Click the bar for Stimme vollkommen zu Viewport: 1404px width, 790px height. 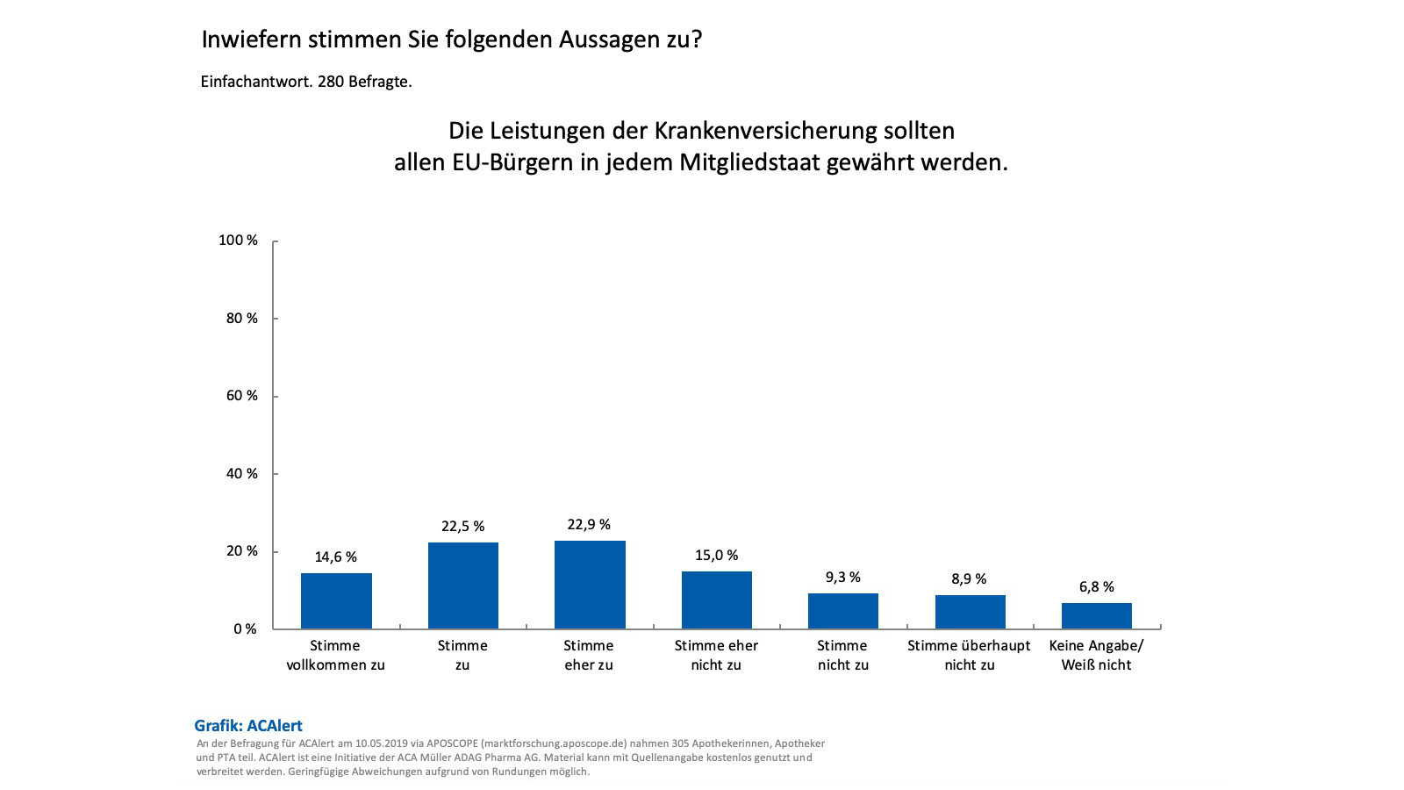click(336, 601)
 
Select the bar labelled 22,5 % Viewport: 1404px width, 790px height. click(462, 585)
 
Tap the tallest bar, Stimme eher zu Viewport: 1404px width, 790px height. click(590, 585)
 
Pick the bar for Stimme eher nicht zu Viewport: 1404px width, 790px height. click(716, 600)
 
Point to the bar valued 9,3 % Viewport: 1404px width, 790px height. click(842, 611)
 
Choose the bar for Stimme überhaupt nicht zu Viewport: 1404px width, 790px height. click(970, 612)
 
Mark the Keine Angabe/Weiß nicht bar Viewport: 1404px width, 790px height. click(1096, 616)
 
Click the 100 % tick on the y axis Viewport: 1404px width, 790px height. click(238, 241)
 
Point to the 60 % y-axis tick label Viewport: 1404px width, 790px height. click(241, 396)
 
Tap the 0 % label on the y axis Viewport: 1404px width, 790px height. click(245, 629)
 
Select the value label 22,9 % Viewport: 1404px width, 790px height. click(589, 525)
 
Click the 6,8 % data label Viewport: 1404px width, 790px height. click(1096, 587)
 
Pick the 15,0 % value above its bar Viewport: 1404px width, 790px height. click(716, 556)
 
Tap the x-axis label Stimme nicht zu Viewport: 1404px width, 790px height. click(842, 656)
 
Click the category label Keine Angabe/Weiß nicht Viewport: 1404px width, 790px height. click(1096, 656)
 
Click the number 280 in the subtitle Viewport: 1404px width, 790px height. click(330, 82)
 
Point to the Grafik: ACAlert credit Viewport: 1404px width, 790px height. click(248, 726)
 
